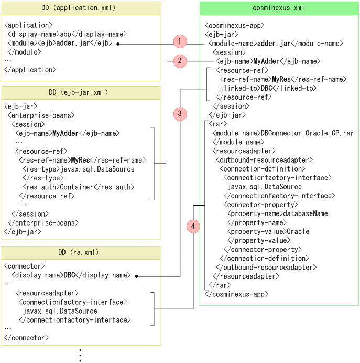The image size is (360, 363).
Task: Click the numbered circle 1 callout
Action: pyautogui.click(x=180, y=41)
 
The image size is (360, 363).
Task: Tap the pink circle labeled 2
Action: pyautogui.click(x=180, y=61)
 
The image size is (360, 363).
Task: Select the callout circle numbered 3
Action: pyautogui.click(x=180, y=113)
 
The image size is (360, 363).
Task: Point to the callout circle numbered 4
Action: pyautogui.click(x=193, y=227)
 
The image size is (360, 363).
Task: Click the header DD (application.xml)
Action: pyautogui.click(x=81, y=8)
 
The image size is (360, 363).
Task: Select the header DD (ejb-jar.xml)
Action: pyautogui.click(x=81, y=93)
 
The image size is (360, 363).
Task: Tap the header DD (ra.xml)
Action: pyautogui.click(x=81, y=252)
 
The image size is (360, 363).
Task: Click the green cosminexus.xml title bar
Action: pyautogui.click(x=279, y=8)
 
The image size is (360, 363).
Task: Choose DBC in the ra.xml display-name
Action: pyautogui.click(x=70, y=275)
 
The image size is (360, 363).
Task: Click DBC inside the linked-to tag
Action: pyautogui.click(x=267, y=88)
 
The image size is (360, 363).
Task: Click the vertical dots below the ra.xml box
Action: pyautogui.click(x=80, y=355)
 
